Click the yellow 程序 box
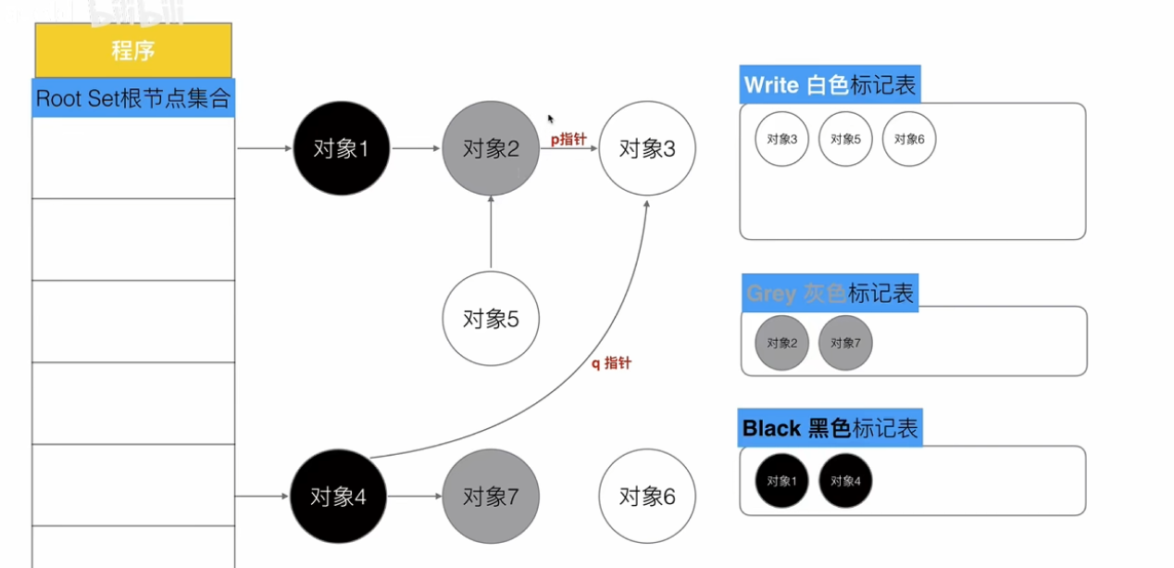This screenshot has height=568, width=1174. [x=133, y=50]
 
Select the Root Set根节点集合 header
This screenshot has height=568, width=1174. [x=133, y=98]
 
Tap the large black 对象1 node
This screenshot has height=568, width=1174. [x=341, y=148]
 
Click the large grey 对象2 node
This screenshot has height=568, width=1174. [x=491, y=148]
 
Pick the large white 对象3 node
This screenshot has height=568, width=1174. [x=647, y=148]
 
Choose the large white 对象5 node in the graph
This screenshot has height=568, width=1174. [x=491, y=320]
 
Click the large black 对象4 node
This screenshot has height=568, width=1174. [x=338, y=497]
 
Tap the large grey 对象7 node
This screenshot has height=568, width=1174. [x=491, y=497]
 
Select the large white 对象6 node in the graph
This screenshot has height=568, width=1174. [x=647, y=497]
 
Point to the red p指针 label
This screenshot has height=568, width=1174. [x=568, y=140]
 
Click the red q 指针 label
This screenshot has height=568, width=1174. [x=611, y=363]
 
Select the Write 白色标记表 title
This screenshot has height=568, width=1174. [x=830, y=85]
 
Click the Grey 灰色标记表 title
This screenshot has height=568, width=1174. [x=830, y=293]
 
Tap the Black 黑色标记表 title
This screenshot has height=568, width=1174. [x=830, y=428]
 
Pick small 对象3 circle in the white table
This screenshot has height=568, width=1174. [x=782, y=139]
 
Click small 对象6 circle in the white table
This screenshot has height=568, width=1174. [x=909, y=139]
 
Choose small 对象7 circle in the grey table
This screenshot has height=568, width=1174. [x=845, y=342]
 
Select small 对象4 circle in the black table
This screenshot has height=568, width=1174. [x=845, y=481]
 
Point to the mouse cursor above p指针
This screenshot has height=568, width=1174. [x=551, y=119]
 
